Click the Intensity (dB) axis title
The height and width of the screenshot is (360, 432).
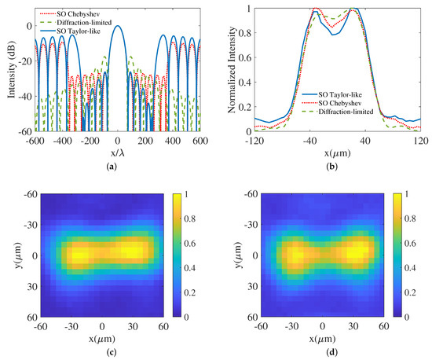[8, 69]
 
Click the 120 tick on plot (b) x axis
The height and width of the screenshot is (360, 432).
[420, 140]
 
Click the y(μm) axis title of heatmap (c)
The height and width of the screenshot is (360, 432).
[9, 255]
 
